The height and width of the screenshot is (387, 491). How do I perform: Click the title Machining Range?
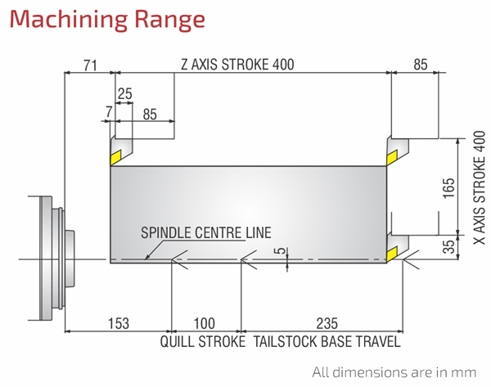point(107,20)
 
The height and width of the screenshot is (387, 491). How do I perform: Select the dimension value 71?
point(90,65)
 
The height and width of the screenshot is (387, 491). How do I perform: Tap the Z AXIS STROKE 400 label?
point(237,65)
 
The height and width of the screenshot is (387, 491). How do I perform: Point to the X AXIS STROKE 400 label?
point(480,187)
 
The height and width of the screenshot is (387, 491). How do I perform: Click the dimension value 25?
point(125,93)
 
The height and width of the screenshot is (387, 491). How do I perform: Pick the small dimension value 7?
point(109,112)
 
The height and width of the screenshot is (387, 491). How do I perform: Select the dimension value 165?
point(448,188)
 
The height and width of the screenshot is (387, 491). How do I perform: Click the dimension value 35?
point(449,246)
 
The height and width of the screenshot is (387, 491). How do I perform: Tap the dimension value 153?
point(119,324)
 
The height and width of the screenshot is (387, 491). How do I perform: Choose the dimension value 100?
point(204,324)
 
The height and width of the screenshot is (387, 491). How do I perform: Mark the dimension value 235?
point(327,324)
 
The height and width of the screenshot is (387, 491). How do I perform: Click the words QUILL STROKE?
point(203,341)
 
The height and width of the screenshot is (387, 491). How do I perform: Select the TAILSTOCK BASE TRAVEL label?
point(327,341)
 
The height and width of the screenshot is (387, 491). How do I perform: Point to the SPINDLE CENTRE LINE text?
point(205,232)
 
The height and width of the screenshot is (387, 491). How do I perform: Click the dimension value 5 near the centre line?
point(282,251)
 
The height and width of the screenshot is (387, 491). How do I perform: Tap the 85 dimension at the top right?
point(421,65)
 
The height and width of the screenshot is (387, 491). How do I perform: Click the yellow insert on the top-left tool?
point(115,157)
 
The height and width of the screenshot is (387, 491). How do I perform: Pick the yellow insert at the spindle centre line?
point(392,254)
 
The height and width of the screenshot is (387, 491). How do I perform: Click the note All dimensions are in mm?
point(394,372)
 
